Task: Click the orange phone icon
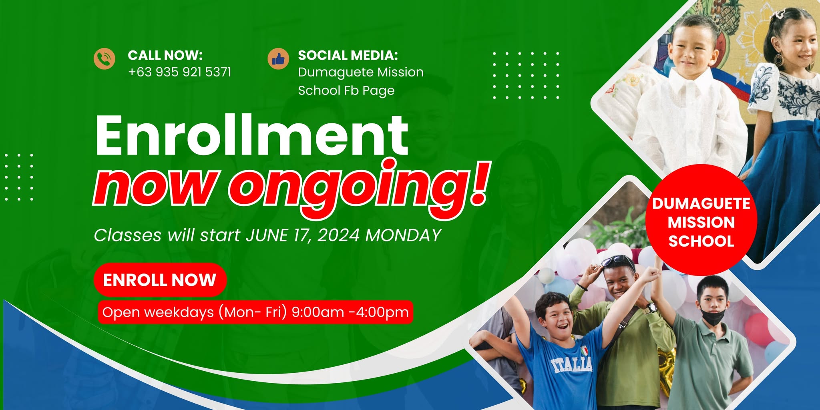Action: (x=105, y=58)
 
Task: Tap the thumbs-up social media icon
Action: (x=278, y=59)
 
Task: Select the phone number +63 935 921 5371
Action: (x=180, y=72)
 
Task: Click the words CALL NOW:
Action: (x=165, y=55)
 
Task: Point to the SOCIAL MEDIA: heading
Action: (x=348, y=55)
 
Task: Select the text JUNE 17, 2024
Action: (x=303, y=235)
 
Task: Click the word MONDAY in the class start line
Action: (x=404, y=235)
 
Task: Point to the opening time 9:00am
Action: (x=318, y=312)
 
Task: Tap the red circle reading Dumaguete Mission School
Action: (x=701, y=220)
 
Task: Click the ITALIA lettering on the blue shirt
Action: (x=571, y=364)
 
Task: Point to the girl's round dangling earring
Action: (x=778, y=59)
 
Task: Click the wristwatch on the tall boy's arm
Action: (x=651, y=308)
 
